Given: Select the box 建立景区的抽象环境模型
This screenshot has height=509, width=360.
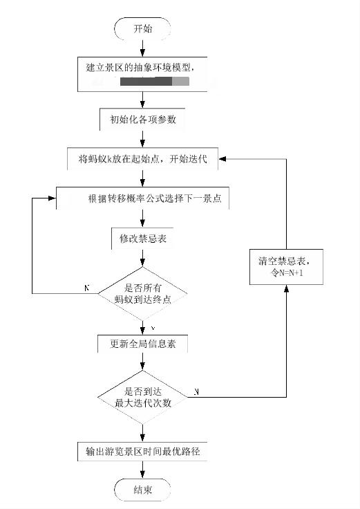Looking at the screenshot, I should coord(144,73).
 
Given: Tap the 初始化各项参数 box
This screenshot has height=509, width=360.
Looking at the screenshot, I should coord(143,118).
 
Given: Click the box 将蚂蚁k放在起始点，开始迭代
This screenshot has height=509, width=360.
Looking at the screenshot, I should coord(143,159).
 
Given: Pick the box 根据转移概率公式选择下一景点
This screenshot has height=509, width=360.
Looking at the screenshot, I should coord(143,198).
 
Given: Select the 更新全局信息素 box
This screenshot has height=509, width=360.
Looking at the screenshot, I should coord(142,343).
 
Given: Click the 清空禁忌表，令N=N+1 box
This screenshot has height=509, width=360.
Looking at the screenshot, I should coord(285,266).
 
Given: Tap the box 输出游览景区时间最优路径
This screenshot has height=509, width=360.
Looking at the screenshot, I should coord(142,452).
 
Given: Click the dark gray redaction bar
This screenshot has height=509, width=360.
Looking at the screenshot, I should coord(146,82).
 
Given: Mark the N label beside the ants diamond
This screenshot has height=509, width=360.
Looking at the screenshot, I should coord(86,286).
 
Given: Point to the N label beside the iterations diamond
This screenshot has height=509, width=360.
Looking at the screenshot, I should coord(197,391).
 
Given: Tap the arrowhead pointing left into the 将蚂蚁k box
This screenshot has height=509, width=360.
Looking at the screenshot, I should coord(222,159).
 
